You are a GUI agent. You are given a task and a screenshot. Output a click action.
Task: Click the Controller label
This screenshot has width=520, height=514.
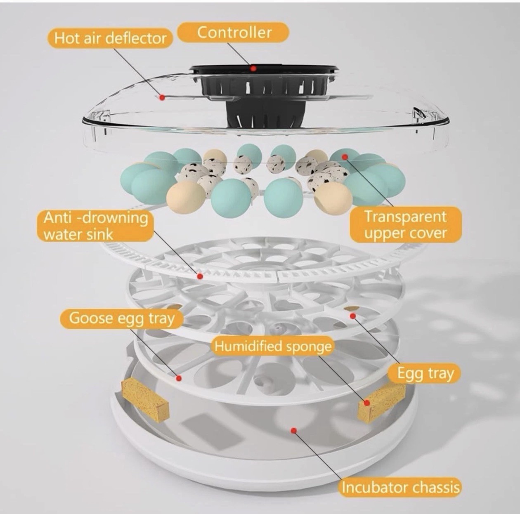pyautogui.click(x=234, y=32)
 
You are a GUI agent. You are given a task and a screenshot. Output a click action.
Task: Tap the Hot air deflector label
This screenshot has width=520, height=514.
pyautogui.click(x=110, y=38)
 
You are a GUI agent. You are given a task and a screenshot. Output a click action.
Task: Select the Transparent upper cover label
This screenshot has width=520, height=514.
pyautogui.click(x=405, y=224)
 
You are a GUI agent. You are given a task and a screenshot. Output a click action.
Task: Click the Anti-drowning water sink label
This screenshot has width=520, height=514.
pyautogui.click(x=96, y=226)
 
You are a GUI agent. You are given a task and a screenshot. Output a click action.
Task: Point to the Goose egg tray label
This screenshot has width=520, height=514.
pyautogui.click(x=121, y=318)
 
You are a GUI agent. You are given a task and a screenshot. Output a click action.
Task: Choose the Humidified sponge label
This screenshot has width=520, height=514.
pyautogui.click(x=273, y=346)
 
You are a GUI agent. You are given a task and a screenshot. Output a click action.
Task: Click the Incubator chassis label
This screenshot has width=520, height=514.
pyautogui.click(x=400, y=487)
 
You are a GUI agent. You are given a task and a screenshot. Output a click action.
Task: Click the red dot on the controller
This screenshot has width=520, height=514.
pyautogui.click(x=254, y=68)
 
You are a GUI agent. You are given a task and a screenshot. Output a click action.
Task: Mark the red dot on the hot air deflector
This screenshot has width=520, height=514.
pyautogui.click(x=163, y=97)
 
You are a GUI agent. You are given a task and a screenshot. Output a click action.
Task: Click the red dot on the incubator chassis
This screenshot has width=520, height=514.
pyautogui.click(x=293, y=431)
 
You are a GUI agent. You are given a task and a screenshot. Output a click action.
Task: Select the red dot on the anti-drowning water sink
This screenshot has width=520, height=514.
pyautogui.click(x=200, y=276)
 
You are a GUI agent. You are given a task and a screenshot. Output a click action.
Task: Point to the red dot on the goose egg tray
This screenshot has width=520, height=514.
pyautogui.click(x=179, y=377)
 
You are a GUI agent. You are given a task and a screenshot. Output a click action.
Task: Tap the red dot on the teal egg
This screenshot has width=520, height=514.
pyautogui.click(x=345, y=157)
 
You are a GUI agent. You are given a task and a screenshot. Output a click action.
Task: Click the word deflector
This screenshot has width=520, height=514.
pyautogui.click(x=136, y=38)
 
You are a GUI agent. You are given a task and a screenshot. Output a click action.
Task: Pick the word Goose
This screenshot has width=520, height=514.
pyautogui.click(x=90, y=318)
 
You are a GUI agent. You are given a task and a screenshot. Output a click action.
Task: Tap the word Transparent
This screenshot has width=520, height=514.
pyautogui.click(x=405, y=216)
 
